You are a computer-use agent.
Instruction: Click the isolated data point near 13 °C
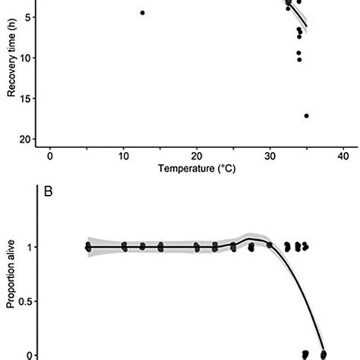143,13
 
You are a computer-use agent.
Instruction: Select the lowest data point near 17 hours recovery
306,115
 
